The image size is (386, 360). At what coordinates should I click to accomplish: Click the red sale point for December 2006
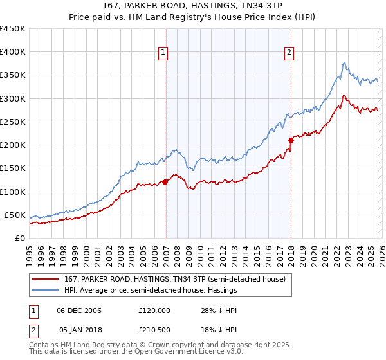click(165, 182)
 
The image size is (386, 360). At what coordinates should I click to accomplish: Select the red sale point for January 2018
click(291, 139)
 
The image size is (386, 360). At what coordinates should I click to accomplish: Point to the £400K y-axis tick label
click(13, 52)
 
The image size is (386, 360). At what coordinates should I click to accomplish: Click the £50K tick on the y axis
click(15, 215)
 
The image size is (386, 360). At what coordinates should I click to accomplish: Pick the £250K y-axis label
click(13, 122)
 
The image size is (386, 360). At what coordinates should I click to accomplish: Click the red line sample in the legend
click(46, 278)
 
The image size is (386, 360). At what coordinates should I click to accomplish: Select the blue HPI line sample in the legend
click(46, 290)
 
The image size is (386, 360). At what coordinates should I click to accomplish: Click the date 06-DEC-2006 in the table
click(78, 310)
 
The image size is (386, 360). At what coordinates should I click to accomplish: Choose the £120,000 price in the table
click(154, 310)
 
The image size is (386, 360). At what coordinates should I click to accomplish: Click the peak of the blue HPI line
click(345, 62)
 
